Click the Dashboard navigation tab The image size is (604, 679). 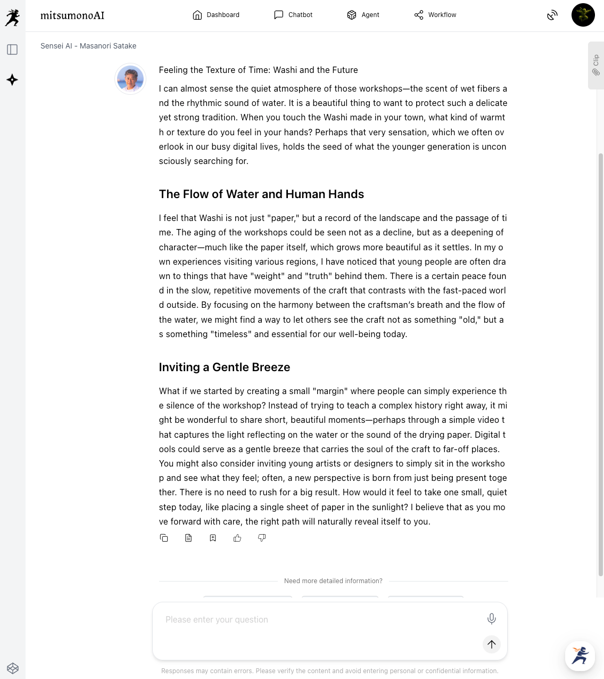(x=216, y=15)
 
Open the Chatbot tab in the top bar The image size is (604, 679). (x=293, y=15)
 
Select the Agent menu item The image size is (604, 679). (x=363, y=15)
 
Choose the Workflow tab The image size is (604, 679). (x=435, y=15)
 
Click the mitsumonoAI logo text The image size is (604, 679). (x=72, y=15)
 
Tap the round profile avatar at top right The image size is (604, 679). (x=583, y=15)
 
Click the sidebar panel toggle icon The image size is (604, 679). (x=12, y=50)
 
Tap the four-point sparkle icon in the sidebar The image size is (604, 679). (x=12, y=80)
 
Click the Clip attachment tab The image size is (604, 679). (x=596, y=65)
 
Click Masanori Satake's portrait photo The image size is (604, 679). (x=130, y=79)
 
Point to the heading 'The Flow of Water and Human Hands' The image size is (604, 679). (x=261, y=194)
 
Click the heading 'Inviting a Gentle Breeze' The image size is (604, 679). (x=225, y=367)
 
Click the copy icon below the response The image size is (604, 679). (x=164, y=538)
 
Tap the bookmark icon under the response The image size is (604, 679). (x=213, y=538)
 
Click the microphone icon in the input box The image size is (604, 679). (x=492, y=618)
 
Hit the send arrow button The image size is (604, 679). (x=492, y=644)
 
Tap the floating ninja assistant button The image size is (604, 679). (x=580, y=656)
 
